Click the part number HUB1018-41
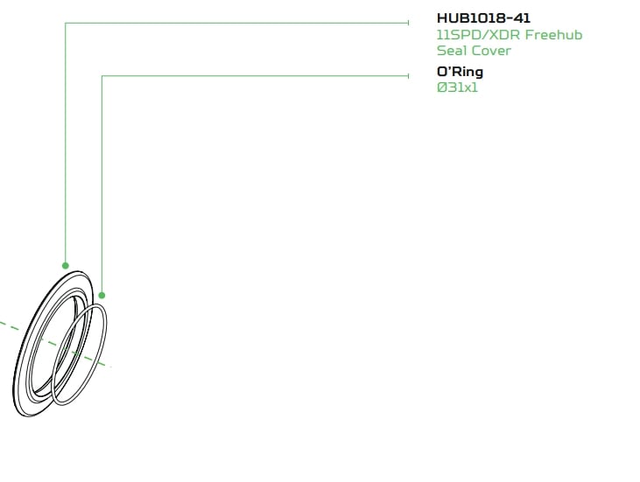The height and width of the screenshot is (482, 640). point(483,18)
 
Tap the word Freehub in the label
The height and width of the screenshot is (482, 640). point(553,35)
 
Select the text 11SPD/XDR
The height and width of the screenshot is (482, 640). point(478,35)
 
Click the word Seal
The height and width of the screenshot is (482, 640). point(452,51)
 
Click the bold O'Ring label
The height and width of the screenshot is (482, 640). point(460,73)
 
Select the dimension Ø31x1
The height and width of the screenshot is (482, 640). point(457,87)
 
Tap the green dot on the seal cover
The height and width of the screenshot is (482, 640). point(66,266)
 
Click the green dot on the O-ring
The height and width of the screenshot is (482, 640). point(102,295)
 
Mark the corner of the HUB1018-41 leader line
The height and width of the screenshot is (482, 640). point(66,24)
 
